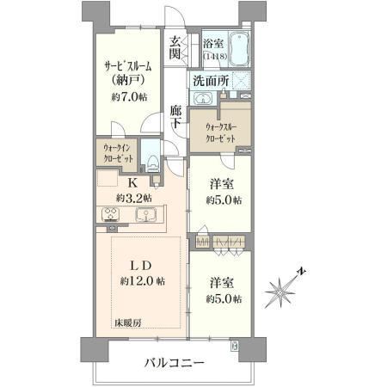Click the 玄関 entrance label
(175, 47)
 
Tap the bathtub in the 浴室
(239, 48)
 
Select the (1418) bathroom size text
(215, 56)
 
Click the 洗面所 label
(211, 81)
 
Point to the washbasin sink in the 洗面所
(203, 98)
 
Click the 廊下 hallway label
(175, 117)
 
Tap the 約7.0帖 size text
(129, 97)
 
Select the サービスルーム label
(128, 67)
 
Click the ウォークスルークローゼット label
(221, 133)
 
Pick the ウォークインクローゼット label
(118, 153)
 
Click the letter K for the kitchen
(132, 182)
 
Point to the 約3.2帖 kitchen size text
(134, 198)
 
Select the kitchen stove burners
(110, 214)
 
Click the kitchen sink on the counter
(146, 215)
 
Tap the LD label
(141, 266)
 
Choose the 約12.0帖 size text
(143, 281)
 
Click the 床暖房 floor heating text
(128, 323)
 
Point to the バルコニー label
(174, 363)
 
